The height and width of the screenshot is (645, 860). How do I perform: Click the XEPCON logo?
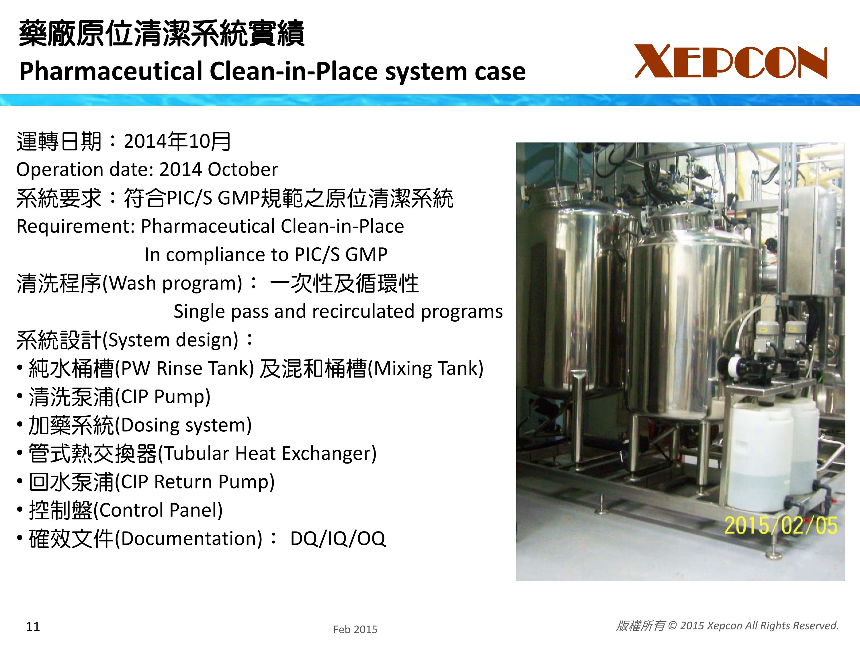731,61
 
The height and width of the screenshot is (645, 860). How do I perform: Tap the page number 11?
33,626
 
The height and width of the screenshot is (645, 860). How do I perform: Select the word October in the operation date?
243,169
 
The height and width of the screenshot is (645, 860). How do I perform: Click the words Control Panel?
158,510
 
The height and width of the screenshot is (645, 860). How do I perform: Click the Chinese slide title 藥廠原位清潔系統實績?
161,34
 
